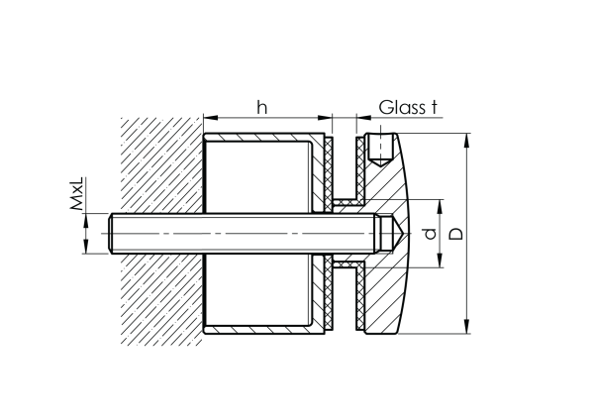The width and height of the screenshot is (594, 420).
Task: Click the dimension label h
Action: click(x=261, y=106)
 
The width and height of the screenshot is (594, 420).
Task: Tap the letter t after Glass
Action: click(x=434, y=106)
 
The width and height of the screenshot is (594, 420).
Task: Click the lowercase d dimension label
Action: click(x=428, y=235)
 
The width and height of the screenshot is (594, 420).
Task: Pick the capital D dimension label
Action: click(x=454, y=235)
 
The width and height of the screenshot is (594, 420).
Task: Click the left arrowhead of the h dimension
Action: click(x=208, y=117)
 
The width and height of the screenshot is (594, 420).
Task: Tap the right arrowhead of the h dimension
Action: click(x=324, y=117)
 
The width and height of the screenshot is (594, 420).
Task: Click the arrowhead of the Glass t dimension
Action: click(x=361, y=117)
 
